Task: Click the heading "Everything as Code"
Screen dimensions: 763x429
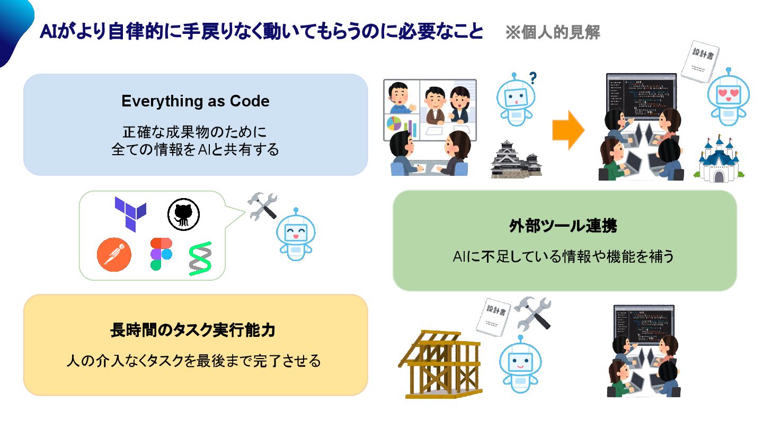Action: click(x=195, y=101)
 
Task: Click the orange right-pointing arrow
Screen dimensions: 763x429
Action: click(x=568, y=130)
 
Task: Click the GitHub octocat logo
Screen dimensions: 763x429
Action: click(x=183, y=214)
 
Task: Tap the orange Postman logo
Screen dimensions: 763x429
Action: click(x=114, y=253)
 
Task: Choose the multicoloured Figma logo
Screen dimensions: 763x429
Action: click(x=161, y=254)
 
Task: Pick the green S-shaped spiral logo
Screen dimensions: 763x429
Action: click(x=200, y=258)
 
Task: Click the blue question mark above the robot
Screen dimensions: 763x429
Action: click(x=533, y=78)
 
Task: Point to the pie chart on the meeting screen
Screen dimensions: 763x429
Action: click(x=395, y=123)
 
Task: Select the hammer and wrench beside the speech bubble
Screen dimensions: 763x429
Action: click(x=263, y=205)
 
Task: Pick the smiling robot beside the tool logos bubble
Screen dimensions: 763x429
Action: click(x=297, y=237)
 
